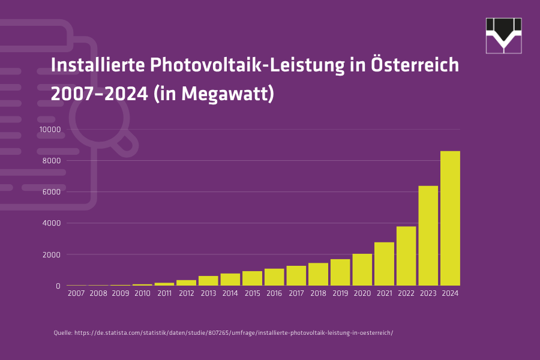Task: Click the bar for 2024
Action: (450, 218)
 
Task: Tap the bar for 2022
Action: (406, 256)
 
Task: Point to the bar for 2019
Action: (340, 272)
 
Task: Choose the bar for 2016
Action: (274, 277)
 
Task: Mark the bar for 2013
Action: (208, 281)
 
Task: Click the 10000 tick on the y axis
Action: (50, 130)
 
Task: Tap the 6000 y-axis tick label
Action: (52, 192)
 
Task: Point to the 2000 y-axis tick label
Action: (52, 254)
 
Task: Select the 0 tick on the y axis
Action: (58, 286)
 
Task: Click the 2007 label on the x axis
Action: (76, 294)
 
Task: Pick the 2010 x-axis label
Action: (142, 294)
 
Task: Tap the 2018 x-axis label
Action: (318, 294)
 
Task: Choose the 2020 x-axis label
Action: (362, 294)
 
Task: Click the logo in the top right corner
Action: (503, 35)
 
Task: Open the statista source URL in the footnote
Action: (234, 332)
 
